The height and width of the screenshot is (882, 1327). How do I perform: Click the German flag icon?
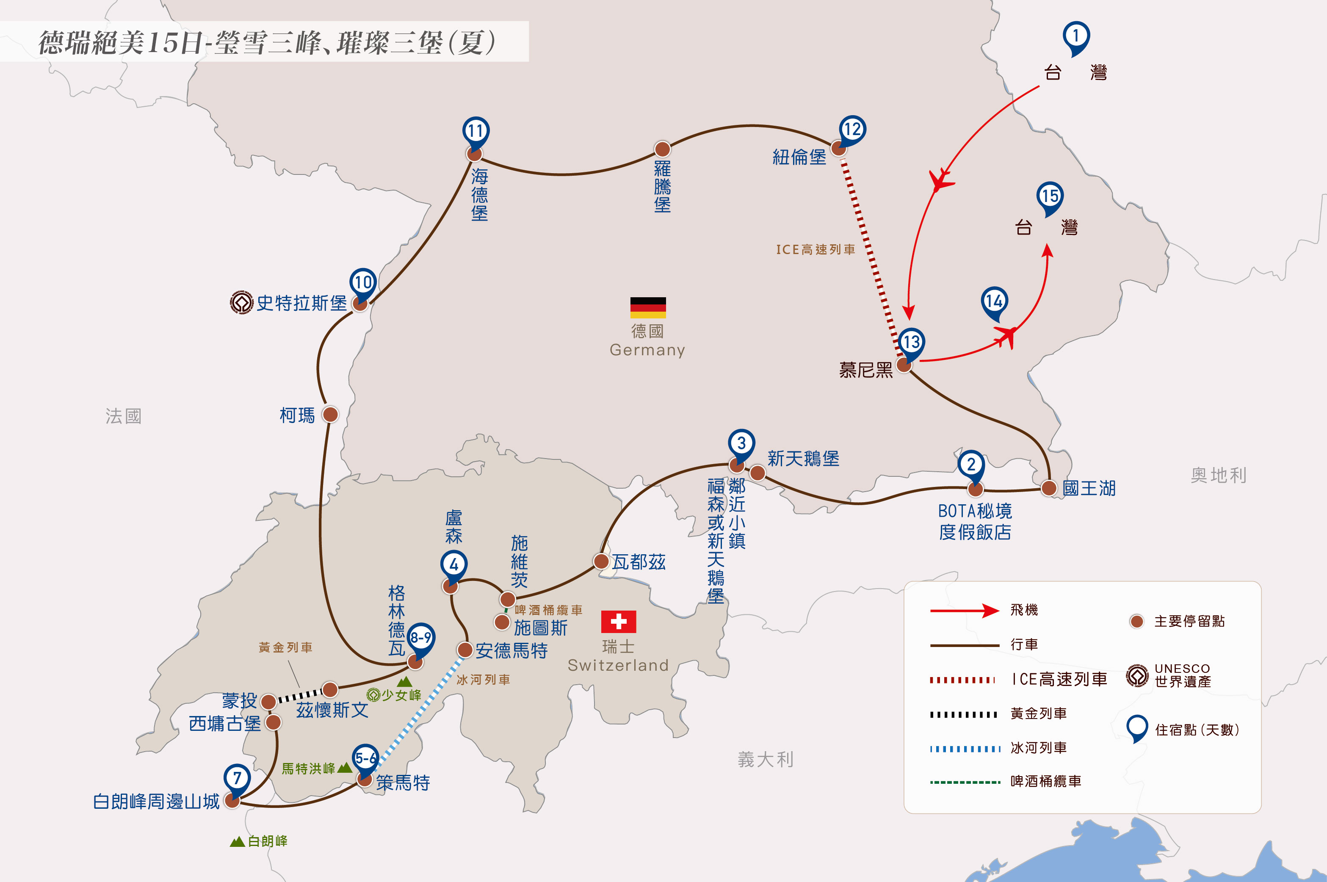(x=647, y=308)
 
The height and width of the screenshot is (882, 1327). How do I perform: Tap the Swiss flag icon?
(x=618, y=622)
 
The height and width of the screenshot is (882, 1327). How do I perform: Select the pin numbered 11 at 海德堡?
(x=476, y=133)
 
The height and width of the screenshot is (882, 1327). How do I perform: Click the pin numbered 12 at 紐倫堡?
(x=851, y=131)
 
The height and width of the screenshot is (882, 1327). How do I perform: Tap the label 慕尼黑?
(x=866, y=370)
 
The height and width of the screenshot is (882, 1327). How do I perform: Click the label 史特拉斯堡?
(x=301, y=303)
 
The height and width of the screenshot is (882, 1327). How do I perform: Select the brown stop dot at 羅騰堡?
(x=662, y=149)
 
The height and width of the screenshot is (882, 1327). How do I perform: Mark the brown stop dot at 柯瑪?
(x=330, y=415)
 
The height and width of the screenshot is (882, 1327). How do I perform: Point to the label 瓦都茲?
(x=639, y=561)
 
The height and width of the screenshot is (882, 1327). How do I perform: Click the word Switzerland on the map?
(x=618, y=665)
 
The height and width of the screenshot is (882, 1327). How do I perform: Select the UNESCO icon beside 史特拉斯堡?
(x=242, y=303)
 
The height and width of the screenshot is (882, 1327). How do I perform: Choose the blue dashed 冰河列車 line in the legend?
(x=965, y=749)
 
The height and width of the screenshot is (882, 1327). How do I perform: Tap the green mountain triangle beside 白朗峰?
(x=238, y=841)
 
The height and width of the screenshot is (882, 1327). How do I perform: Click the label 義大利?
(x=765, y=760)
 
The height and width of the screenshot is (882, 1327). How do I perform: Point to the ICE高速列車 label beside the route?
(x=816, y=249)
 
